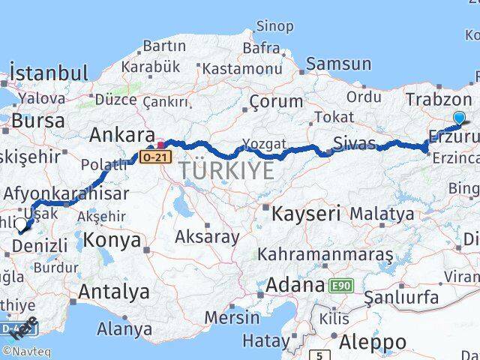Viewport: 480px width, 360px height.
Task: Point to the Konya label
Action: coord(112,240)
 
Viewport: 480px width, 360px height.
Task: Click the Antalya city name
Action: coord(113,292)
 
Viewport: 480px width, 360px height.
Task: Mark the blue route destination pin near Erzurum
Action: coord(459,117)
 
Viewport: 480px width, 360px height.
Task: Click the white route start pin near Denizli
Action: coord(19,223)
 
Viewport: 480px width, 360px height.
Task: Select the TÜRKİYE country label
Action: coord(226,172)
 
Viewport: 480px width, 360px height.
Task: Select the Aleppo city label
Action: coord(373,342)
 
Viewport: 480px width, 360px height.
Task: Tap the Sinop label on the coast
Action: coord(274,27)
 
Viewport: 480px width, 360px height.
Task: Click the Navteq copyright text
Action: coord(25,352)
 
